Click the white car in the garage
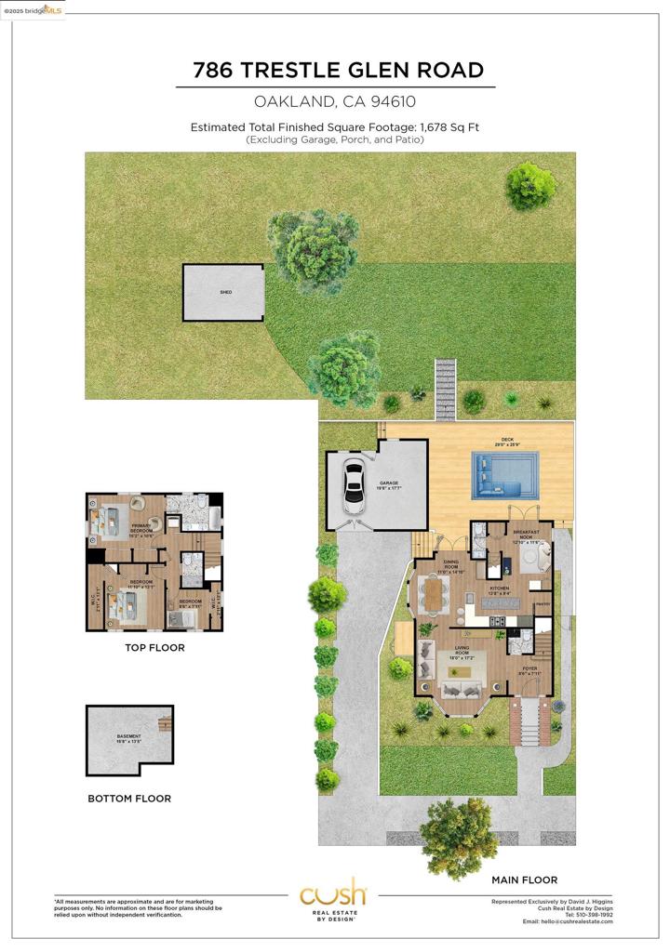pyautogui.click(x=354, y=484)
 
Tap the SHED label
pyautogui.click(x=225, y=293)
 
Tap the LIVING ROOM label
pyautogui.click(x=462, y=654)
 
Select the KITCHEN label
pyautogui.click(x=501, y=589)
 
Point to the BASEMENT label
pyautogui.click(x=129, y=737)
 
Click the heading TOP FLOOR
pyautogui.click(x=154, y=648)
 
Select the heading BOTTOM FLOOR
pyautogui.click(x=129, y=799)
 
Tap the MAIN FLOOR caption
pyautogui.click(x=524, y=879)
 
